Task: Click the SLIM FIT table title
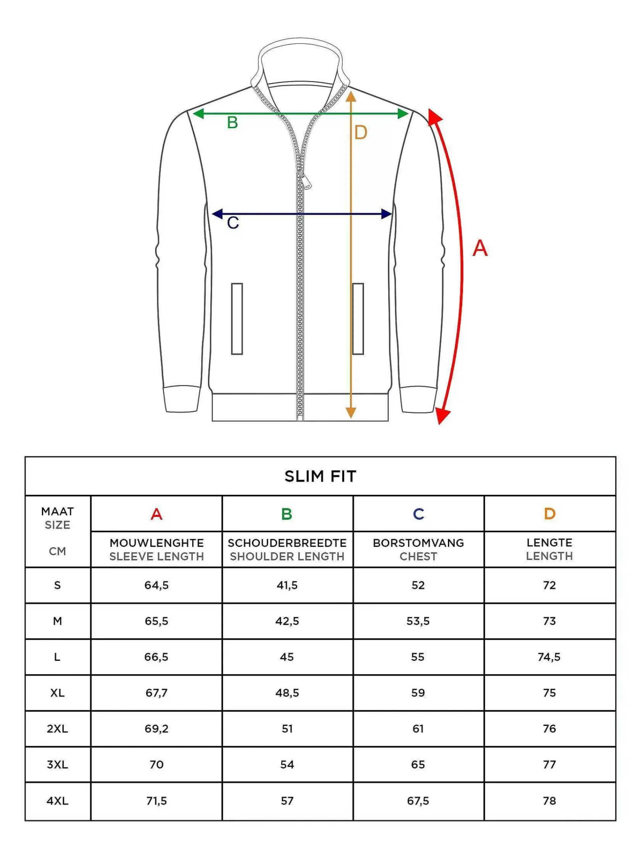point(320,477)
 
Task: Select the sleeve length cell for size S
point(156,585)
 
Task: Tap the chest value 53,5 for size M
point(418,621)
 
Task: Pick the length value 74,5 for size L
point(549,657)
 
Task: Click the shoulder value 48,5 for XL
point(287,693)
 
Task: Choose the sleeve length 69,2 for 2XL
point(156,729)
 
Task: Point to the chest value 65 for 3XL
point(418,765)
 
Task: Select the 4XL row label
point(58,801)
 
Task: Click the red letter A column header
point(156,514)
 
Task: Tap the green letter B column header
point(287,514)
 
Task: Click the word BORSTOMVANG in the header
point(418,543)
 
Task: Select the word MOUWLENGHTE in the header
point(156,543)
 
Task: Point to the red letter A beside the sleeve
point(480,248)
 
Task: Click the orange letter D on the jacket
point(361,133)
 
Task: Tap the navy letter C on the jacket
point(233,223)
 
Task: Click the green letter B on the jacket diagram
point(232,123)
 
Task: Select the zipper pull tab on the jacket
point(306,181)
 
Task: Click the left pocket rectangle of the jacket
point(237,319)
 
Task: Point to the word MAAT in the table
point(58,512)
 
